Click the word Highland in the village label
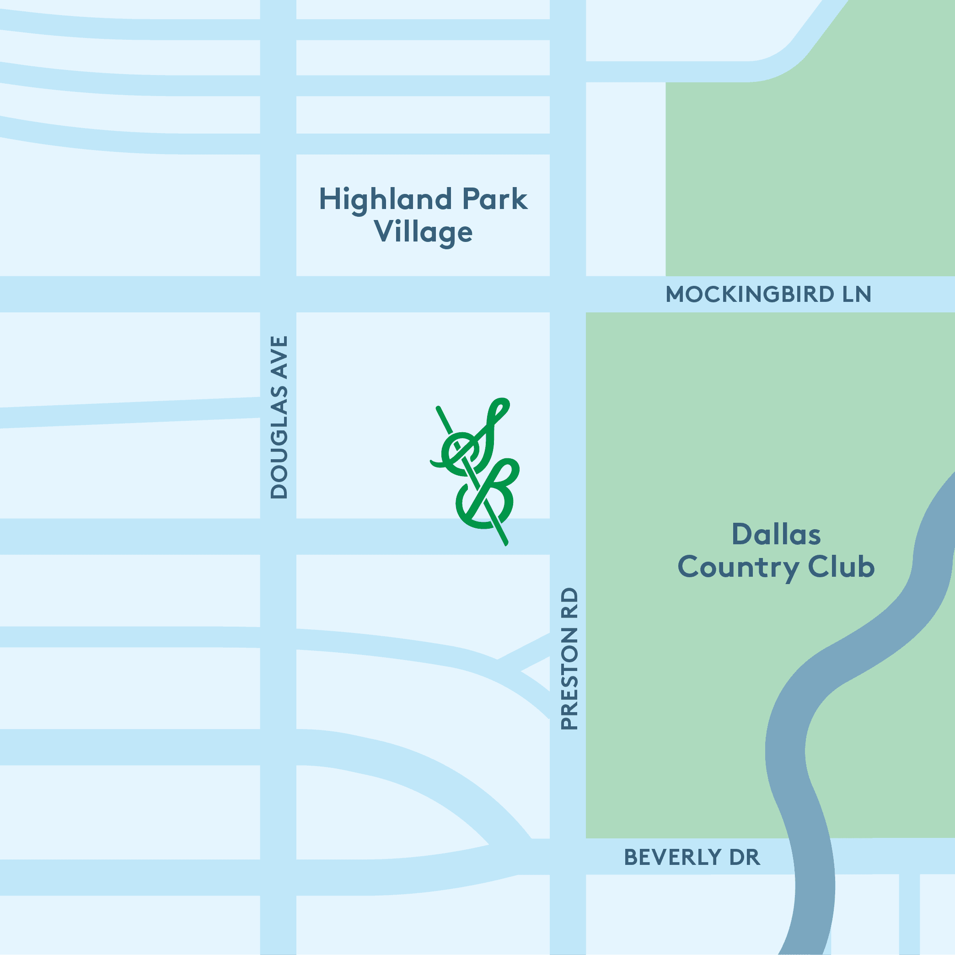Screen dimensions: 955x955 click(x=385, y=199)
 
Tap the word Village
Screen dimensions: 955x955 click(x=423, y=232)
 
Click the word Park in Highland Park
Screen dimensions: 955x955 click(x=494, y=199)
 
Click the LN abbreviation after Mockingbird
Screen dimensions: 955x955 click(x=857, y=295)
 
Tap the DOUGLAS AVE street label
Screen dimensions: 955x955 click(x=279, y=417)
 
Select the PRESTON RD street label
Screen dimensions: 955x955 click(x=569, y=659)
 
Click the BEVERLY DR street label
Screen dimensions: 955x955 click(x=692, y=857)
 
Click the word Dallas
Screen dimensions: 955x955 click(x=776, y=535)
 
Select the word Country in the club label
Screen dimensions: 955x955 click(x=739, y=568)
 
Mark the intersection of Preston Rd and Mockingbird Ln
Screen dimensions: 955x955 click(x=568, y=294)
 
